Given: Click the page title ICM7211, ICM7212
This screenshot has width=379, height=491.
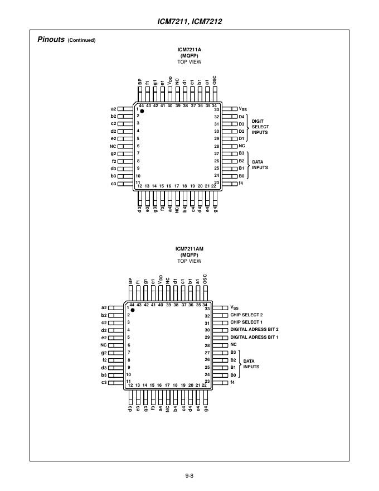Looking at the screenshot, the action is click(189, 21).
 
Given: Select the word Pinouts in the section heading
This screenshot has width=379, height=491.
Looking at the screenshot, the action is click(51, 40).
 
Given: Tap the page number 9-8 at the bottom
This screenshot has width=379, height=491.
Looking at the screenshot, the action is click(189, 475).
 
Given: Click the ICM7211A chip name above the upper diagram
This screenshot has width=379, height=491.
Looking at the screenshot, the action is click(189, 50).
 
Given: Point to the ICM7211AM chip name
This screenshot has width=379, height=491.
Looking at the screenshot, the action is click(189, 249).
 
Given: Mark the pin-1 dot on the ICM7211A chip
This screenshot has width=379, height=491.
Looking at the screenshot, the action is click(142, 111).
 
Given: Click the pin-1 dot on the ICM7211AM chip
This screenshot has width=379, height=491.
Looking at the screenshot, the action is click(133, 310).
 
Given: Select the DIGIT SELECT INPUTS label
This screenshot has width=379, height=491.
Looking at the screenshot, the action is click(260, 127).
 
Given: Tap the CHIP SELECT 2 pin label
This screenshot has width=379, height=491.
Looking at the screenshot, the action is click(246, 315).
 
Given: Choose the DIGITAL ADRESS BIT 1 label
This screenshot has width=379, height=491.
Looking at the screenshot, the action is click(254, 337).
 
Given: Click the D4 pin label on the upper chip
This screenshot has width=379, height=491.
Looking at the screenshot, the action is click(241, 117).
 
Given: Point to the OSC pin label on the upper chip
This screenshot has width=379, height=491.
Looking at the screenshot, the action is click(215, 80).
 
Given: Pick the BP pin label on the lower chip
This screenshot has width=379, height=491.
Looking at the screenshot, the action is click(130, 281).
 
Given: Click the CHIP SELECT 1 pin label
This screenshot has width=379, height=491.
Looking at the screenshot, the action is click(246, 322).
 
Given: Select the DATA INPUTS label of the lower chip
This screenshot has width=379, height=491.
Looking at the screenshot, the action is click(251, 364).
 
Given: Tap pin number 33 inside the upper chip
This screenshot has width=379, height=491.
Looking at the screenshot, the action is click(217, 109).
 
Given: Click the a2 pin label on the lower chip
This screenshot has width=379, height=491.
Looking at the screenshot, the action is click(104, 308).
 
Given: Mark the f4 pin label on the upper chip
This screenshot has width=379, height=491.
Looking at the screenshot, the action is click(241, 183).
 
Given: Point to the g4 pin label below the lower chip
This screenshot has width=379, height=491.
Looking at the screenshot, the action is click(206, 408).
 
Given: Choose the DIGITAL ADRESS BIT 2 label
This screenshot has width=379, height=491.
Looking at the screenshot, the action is click(254, 329).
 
